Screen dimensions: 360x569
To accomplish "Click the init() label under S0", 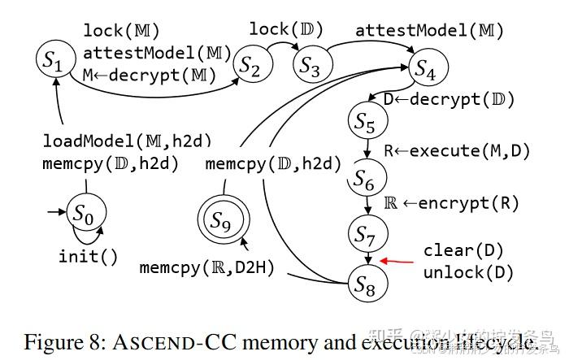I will [88, 256].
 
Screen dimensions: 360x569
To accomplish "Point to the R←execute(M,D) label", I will [452, 150].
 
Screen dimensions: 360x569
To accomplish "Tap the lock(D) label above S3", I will [286, 30].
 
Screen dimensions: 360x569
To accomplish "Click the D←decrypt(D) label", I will [449, 99].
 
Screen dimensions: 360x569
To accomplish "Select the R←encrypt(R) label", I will [451, 203].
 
